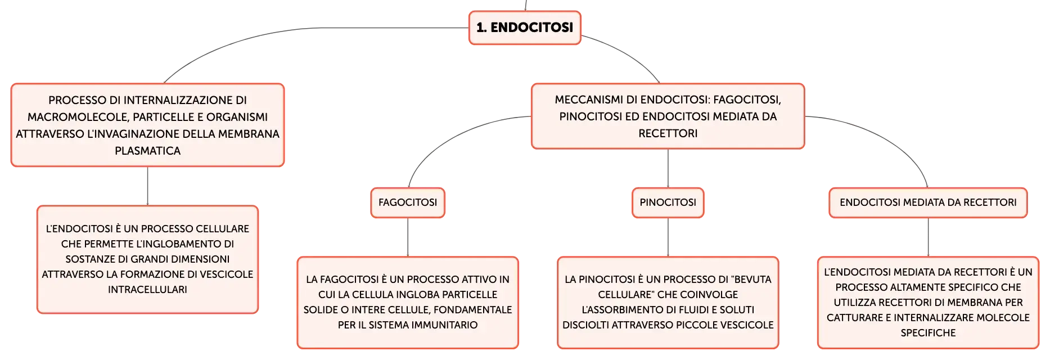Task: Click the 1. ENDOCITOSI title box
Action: [x=525, y=28]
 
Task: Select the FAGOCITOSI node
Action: [x=408, y=202]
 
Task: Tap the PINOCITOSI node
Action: [x=668, y=202]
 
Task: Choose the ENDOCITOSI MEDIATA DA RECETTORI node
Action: [x=928, y=202]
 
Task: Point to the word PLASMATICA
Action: [x=148, y=151]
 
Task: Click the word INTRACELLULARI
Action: [x=147, y=290]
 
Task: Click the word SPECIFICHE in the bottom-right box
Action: [x=928, y=333]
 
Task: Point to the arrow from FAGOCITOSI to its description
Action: [x=408, y=237]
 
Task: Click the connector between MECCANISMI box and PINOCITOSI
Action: [x=668, y=168]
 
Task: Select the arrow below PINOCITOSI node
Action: [x=668, y=237]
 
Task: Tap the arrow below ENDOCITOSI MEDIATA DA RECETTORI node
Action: [x=928, y=237]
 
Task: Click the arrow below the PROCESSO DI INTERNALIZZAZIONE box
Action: [x=147, y=186]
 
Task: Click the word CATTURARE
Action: [x=854, y=318]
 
